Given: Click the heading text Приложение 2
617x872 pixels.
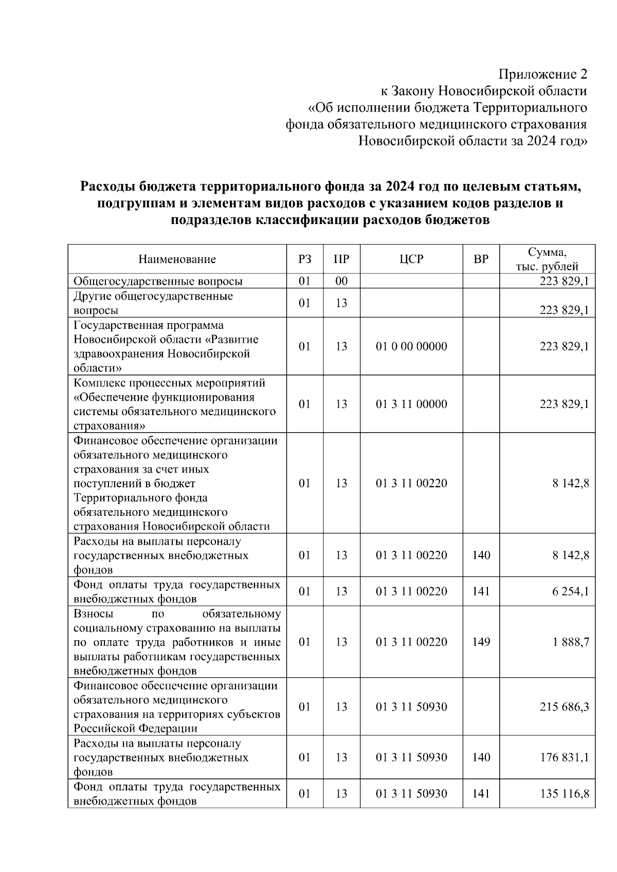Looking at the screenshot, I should tap(543, 75).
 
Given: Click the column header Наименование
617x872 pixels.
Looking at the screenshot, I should tap(177, 259).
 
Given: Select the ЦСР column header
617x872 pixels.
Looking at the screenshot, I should tap(411, 259).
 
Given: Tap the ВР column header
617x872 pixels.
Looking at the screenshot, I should tap(481, 259).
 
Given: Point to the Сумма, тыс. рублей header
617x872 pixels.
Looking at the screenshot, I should tap(547, 259).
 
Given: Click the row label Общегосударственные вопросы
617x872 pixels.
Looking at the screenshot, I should tap(158, 281).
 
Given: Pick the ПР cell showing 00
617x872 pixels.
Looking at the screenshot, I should tap(341, 281).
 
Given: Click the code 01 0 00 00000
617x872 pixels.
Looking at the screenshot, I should tap(411, 346).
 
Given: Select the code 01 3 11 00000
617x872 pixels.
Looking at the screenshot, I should tap(411, 404).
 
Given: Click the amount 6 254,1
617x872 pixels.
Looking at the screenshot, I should tap(571, 591).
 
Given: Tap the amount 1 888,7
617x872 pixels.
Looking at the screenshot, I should tap(571, 642).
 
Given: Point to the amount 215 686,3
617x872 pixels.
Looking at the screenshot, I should tap(564, 707).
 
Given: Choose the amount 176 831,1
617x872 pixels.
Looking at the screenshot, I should tap(564, 757).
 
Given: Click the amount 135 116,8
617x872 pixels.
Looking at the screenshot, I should tap(564, 794).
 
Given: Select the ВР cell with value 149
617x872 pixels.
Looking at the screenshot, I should tap(481, 642).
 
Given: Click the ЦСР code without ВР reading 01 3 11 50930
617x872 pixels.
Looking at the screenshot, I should tap(411, 707).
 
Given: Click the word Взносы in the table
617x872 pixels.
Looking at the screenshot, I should tap(93, 614).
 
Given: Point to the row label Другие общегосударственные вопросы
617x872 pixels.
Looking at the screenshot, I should tap(153, 303).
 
